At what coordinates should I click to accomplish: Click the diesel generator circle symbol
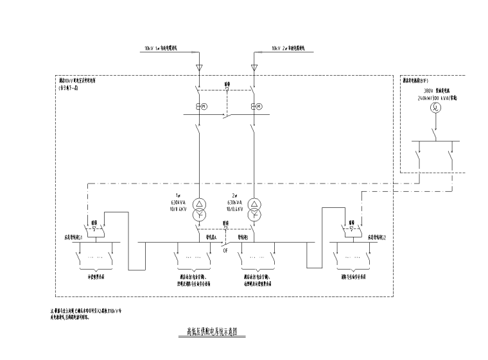pos(435,109)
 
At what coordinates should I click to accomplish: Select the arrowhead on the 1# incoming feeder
pos(198,65)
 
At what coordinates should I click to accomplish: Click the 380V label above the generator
pos(429,91)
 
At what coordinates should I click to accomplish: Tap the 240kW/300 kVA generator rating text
pos(435,98)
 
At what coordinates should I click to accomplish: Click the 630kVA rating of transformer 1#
pos(179,203)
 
